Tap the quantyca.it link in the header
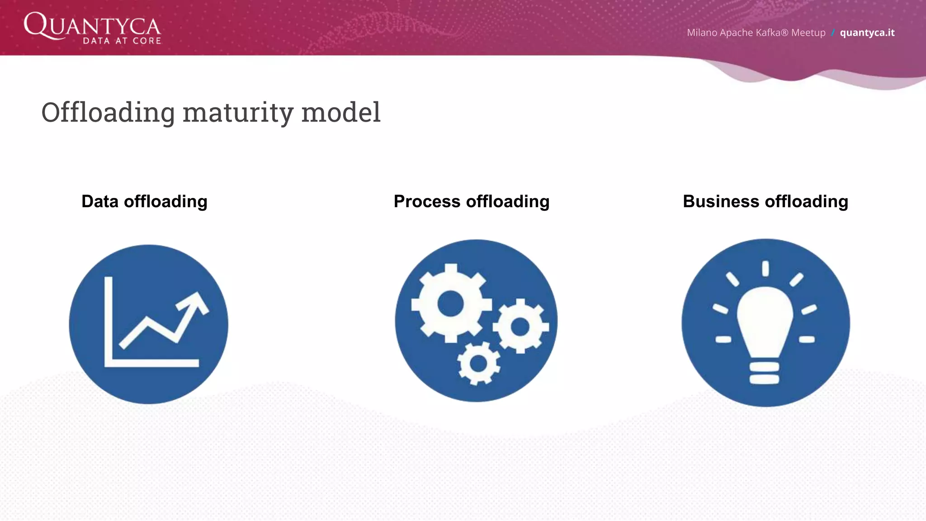pyautogui.click(x=867, y=33)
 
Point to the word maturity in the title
pyautogui.click(x=238, y=112)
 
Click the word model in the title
pyautogui.click(x=341, y=112)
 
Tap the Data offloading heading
pyautogui.click(x=144, y=201)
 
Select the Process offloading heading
pyautogui.click(x=472, y=201)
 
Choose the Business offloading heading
pyautogui.click(x=765, y=201)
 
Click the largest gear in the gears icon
pyautogui.click(x=451, y=303)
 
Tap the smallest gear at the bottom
pyautogui.click(x=478, y=363)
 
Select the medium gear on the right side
pyautogui.click(x=520, y=326)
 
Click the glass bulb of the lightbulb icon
pyautogui.click(x=765, y=319)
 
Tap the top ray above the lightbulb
pyautogui.click(x=765, y=268)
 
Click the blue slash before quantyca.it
pyautogui.click(x=832, y=33)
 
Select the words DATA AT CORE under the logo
pyautogui.click(x=122, y=41)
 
